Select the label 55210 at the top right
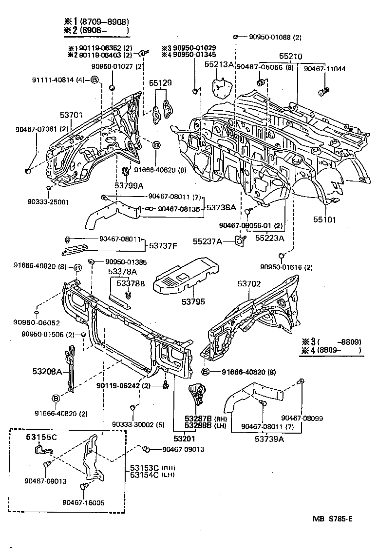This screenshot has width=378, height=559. pos(291,57)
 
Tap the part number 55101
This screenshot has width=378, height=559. pos(324,220)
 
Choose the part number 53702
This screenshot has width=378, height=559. pos(249,283)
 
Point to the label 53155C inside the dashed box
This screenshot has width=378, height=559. pos(41,437)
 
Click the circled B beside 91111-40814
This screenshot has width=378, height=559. pos(94,80)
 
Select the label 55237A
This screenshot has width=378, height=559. pos(208,241)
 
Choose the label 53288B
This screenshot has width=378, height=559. pos(198,425)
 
